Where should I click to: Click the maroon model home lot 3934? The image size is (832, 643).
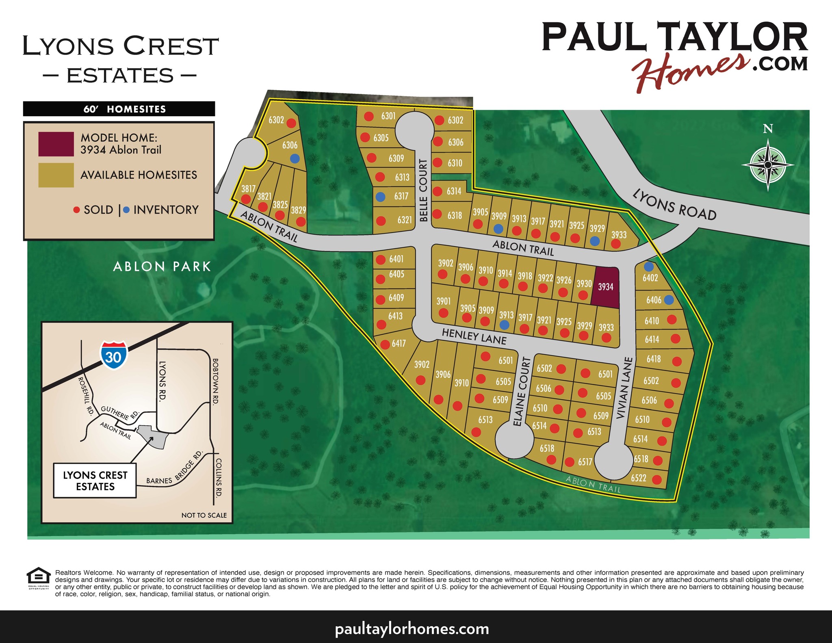(605, 287)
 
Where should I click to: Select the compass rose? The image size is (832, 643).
(767, 165)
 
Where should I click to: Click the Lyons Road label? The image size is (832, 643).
(674, 206)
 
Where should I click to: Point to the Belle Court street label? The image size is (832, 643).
(423, 191)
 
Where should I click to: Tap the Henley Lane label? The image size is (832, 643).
(474, 336)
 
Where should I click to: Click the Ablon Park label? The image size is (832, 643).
(162, 266)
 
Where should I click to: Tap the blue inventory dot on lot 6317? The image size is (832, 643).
(380, 197)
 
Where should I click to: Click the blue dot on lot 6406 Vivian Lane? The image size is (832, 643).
(669, 300)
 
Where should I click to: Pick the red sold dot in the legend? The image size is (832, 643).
(76, 210)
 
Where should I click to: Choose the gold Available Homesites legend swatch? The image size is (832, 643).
(56, 175)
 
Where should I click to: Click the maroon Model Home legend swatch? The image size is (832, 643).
(56, 144)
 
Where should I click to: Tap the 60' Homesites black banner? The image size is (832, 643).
(119, 109)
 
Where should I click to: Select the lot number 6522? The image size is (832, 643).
(639, 478)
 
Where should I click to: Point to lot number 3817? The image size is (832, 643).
(248, 188)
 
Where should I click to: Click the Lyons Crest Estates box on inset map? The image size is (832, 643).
(95, 481)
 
